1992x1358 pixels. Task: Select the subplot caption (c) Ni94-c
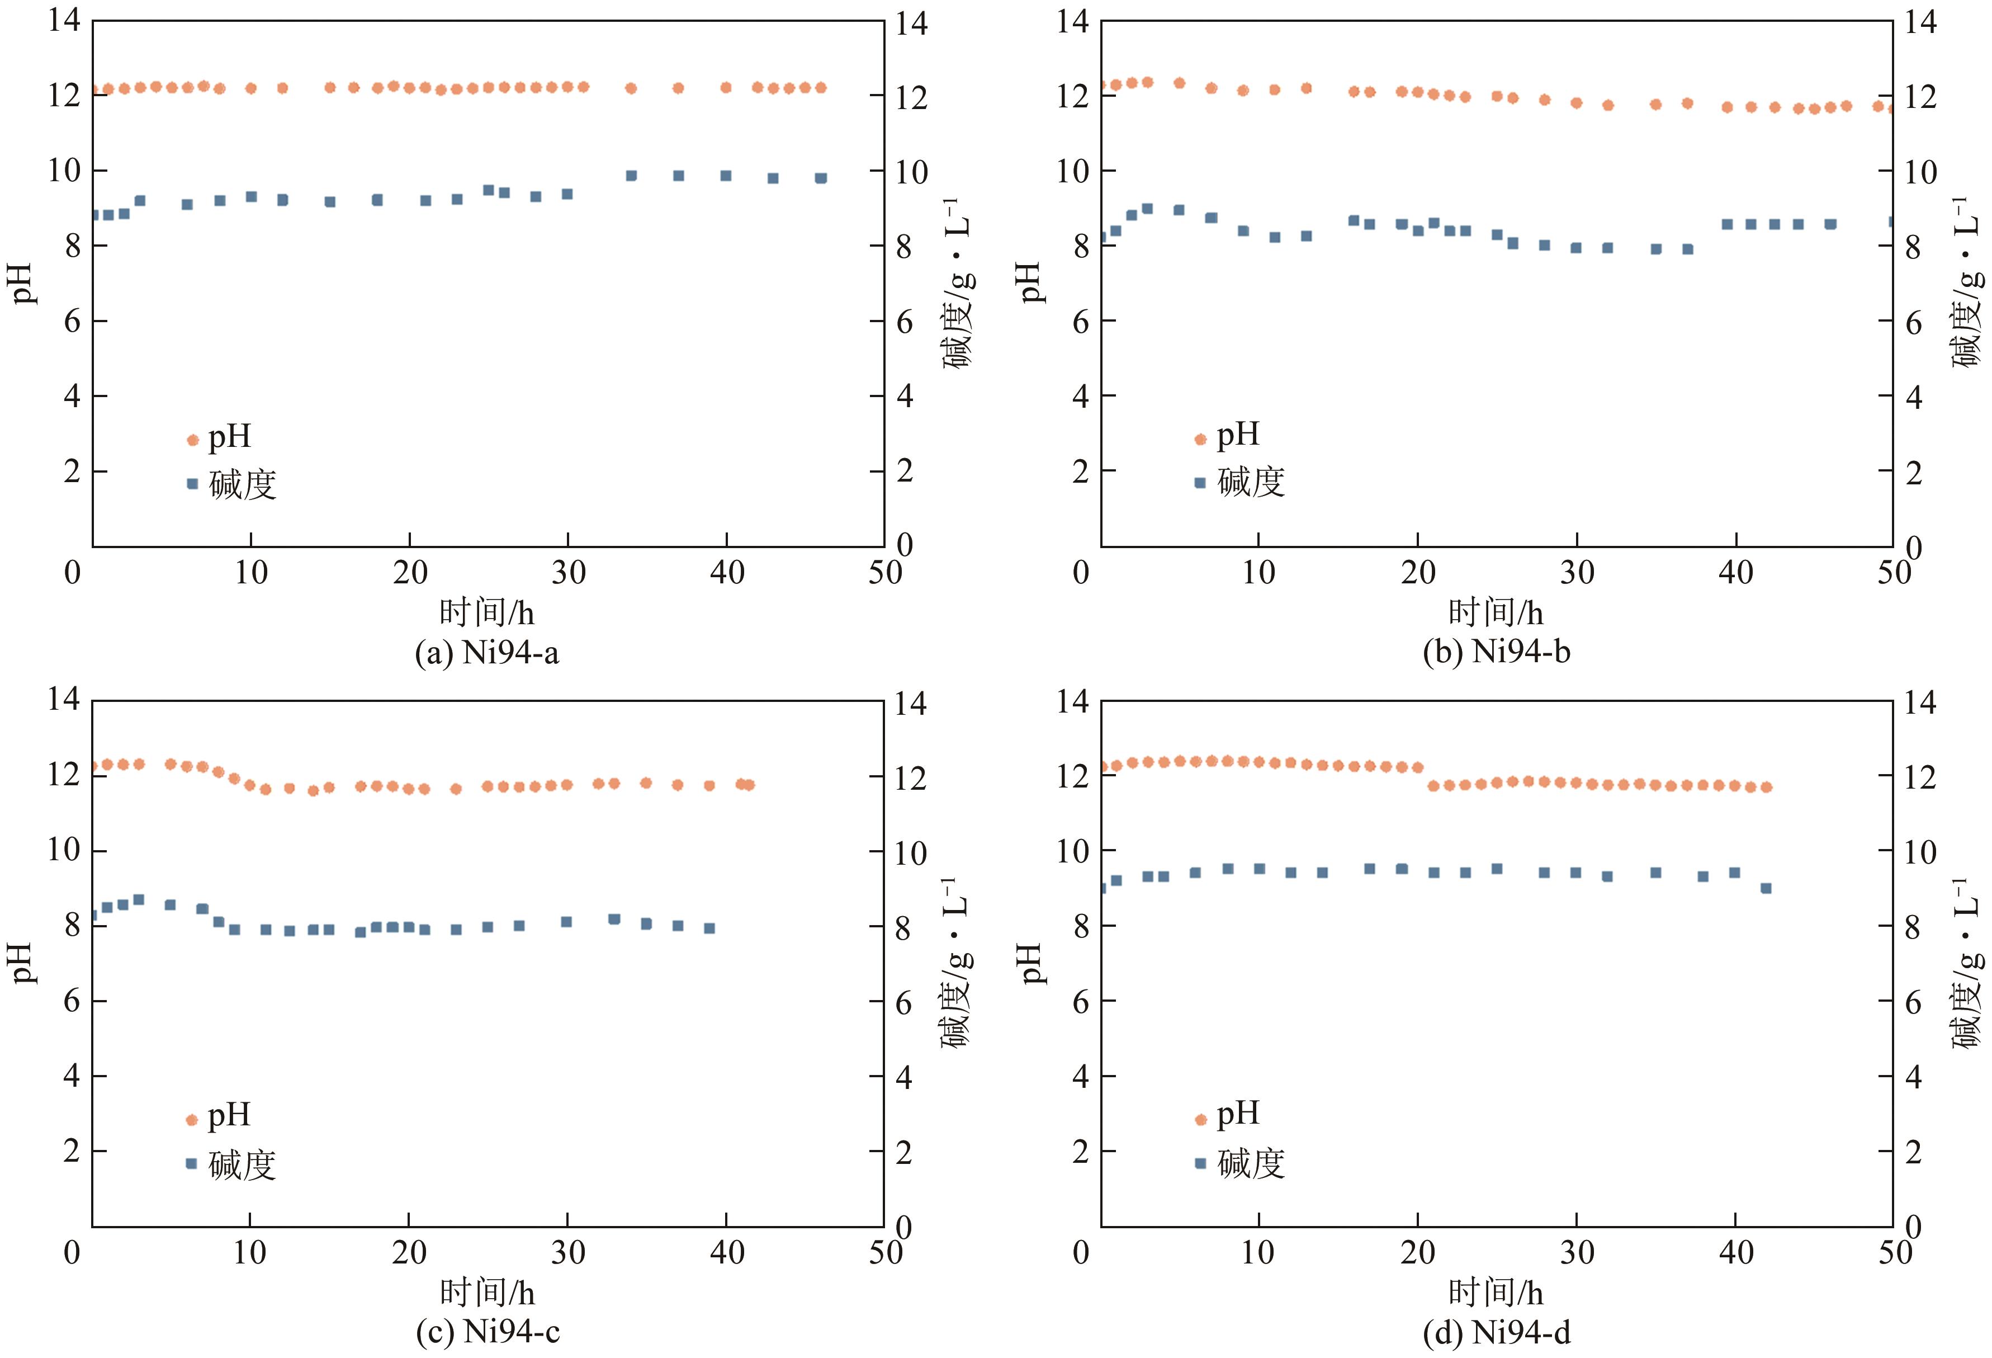(x=487, y=1331)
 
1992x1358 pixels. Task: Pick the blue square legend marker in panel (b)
(x=1200, y=483)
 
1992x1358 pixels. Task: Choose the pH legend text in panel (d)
(x=1238, y=1114)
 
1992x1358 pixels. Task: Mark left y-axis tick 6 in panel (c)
(x=72, y=1001)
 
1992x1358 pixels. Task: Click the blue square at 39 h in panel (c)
(x=709, y=928)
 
